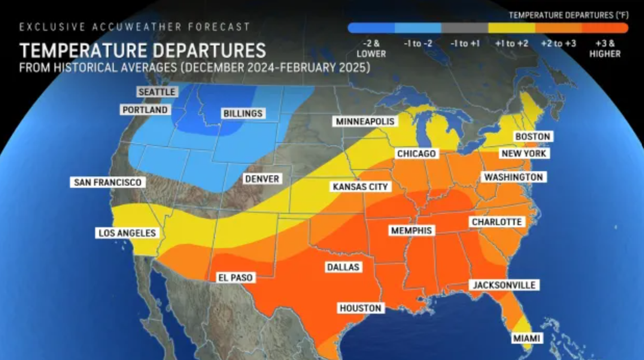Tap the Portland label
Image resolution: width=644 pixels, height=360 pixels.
tap(145, 110)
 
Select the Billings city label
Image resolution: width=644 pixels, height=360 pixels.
tap(243, 114)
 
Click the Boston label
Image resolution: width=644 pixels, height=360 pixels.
tap(532, 137)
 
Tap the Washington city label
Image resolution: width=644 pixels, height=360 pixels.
tap(513, 177)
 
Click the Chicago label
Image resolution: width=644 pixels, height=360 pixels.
tap(416, 154)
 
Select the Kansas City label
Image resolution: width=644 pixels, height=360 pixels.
tap(360, 186)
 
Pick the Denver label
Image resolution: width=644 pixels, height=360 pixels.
tap(262, 179)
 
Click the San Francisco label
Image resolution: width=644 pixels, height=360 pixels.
tap(107, 183)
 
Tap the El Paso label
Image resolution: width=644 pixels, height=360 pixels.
tap(236, 277)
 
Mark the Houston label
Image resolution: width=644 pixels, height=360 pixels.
tap(360, 308)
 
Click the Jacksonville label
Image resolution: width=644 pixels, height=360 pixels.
tap(504, 285)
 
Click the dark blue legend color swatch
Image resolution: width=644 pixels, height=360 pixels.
tap(371, 28)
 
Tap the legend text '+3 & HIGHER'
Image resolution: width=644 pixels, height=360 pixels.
tap(604, 49)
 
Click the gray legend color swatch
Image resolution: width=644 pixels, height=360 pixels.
tap(464, 28)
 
